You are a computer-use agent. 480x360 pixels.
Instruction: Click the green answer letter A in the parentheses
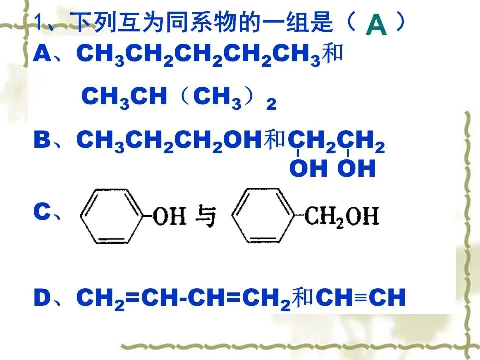(376, 26)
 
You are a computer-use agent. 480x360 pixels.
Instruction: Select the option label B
(42, 141)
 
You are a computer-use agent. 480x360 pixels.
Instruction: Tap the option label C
(42, 213)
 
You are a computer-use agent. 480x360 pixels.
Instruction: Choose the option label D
(42, 298)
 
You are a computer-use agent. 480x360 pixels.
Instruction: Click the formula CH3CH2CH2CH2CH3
(197, 55)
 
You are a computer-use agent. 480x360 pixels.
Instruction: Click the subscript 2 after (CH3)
(271, 104)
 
